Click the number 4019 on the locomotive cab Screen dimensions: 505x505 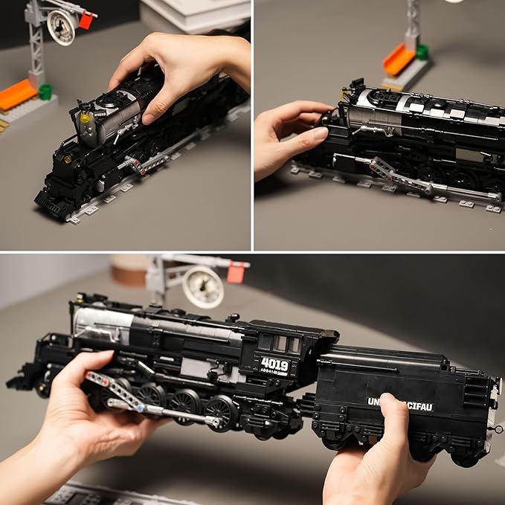coord(274,365)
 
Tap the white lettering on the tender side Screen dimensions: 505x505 coord(399,405)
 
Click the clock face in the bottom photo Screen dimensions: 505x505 coord(202,286)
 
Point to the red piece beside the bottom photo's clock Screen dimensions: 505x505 coord(237,273)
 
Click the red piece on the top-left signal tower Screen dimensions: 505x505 coord(86,21)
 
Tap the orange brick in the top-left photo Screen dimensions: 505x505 coord(16,94)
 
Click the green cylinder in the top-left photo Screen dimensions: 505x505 coord(45,91)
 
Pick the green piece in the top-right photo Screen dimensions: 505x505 coord(422,52)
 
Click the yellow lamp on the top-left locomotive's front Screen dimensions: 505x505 coord(85,118)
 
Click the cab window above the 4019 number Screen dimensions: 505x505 coord(280,343)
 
